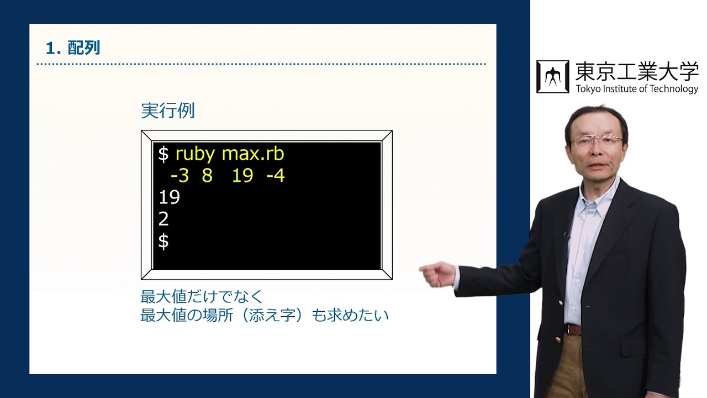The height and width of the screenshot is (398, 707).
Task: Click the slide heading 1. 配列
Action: (73, 48)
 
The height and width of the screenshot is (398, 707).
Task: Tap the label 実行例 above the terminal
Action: (167, 111)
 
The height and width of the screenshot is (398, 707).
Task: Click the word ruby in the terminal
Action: (194, 154)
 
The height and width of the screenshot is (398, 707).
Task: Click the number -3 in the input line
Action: (180, 176)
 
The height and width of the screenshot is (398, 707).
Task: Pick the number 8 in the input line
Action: (207, 176)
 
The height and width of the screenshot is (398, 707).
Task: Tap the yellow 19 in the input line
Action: (242, 176)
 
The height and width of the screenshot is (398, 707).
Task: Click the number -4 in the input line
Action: (275, 176)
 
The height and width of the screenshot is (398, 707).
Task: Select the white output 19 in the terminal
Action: (169, 197)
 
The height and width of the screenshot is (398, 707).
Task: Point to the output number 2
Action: (163, 219)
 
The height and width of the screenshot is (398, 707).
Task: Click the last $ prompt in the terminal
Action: (163, 242)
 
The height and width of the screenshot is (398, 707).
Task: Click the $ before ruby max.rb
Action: (163, 154)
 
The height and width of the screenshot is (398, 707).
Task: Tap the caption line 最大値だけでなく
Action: (202, 297)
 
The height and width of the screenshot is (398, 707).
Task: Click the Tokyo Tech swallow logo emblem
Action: (552, 77)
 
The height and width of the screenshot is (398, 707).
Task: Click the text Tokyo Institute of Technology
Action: (637, 89)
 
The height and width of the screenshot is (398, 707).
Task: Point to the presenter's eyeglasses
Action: (597, 140)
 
